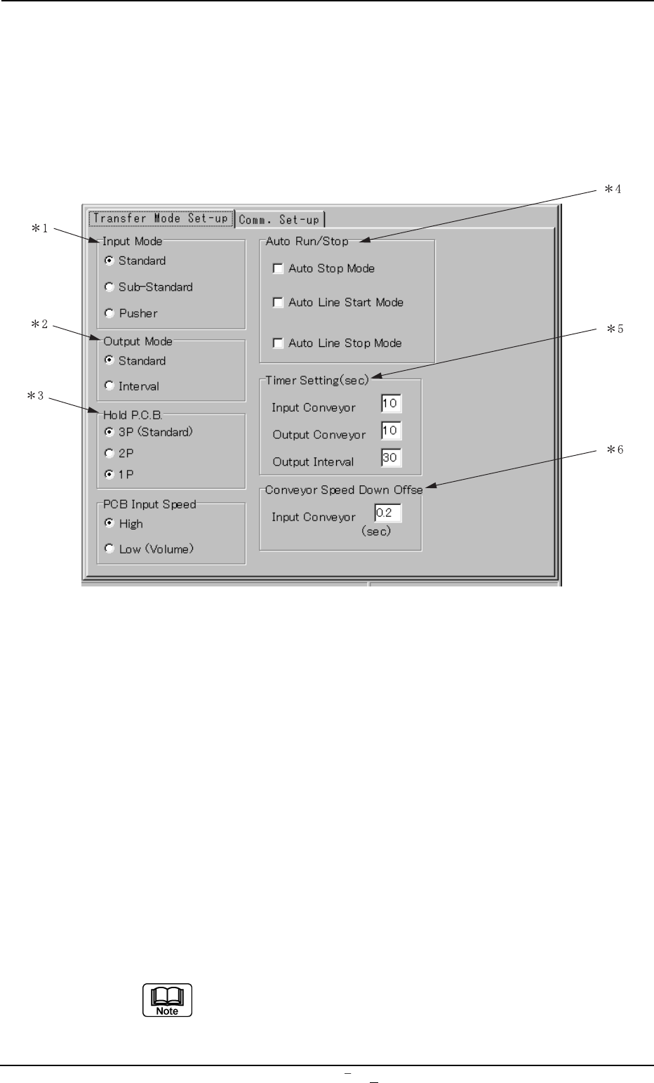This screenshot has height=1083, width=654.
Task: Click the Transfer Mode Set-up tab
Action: click(160, 218)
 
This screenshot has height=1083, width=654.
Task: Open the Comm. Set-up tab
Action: click(279, 220)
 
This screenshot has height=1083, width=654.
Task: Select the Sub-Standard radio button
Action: click(109, 287)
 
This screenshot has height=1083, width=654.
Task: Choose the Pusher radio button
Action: click(109, 313)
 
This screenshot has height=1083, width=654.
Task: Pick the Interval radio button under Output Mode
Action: click(109, 386)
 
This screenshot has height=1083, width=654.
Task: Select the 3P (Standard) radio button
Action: click(109, 432)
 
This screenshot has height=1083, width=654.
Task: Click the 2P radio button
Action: click(109, 454)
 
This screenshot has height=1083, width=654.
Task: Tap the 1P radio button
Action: click(109, 475)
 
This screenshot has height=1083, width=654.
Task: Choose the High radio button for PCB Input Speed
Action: click(109, 524)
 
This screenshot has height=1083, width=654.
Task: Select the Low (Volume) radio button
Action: click(109, 549)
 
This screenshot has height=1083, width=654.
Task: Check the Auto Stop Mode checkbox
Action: click(278, 268)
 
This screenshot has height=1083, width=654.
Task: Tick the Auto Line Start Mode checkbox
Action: click(278, 303)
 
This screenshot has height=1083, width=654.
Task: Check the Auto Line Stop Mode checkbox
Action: click(278, 343)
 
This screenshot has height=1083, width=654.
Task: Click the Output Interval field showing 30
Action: click(391, 459)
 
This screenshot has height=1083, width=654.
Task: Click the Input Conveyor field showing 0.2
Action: click(387, 513)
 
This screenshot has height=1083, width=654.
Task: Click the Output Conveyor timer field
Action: click(391, 431)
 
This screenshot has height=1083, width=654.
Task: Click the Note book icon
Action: click(168, 1000)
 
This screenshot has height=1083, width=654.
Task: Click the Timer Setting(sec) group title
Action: click(317, 380)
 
